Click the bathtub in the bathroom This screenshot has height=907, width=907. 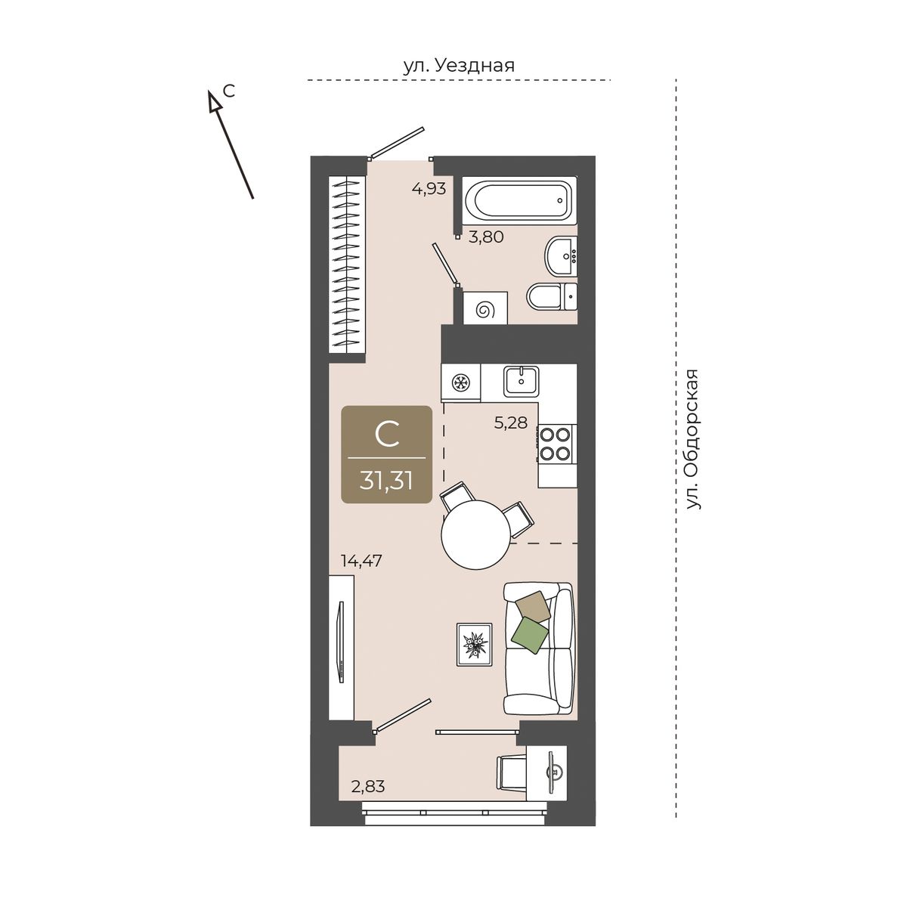[519, 200]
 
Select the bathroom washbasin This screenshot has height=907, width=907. [561, 255]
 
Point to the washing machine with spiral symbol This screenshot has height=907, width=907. [485, 308]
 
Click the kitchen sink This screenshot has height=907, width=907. [522, 381]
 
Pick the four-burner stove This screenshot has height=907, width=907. [556, 444]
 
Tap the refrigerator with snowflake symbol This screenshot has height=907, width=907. [461, 383]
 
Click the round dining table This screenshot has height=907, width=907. [475, 535]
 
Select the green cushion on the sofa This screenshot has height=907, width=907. [530, 636]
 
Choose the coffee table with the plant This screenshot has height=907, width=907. [475, 645]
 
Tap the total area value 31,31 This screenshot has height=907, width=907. [386, 481]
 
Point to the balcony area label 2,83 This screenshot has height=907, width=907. [368, 787]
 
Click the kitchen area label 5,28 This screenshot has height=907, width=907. [511, 423]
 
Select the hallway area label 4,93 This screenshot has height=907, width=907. [429, 189]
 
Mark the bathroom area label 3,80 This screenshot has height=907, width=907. [486, 237]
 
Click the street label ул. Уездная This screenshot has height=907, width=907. [459, 66]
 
